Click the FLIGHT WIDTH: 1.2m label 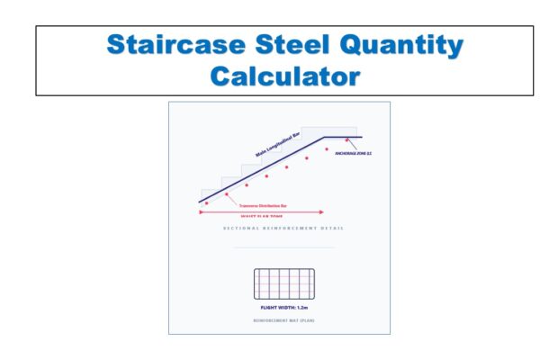click(x=283, y=308)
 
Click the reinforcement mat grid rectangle click(x=283, y=283)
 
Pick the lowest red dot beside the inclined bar click(x=208, y=204)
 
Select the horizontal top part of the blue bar click(x=343, y=138)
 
